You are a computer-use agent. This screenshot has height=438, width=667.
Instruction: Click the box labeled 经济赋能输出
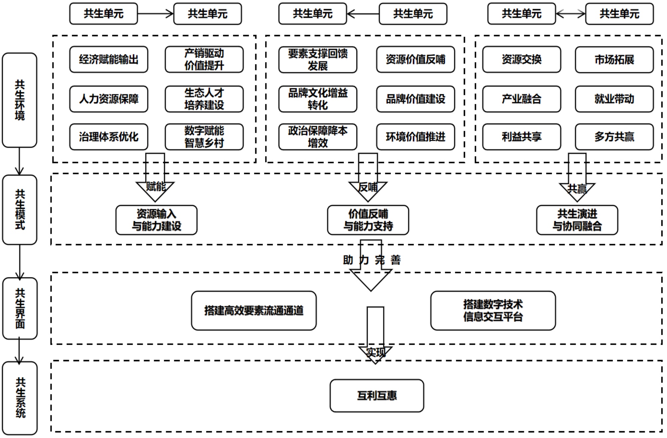[109, 59]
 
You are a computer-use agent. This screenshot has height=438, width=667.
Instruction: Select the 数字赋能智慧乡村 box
[204, 137]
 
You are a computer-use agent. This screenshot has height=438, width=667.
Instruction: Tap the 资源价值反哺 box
[415, 59]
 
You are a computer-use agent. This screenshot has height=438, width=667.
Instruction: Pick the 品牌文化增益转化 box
[318, 99]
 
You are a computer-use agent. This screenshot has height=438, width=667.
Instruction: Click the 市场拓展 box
[614, 60]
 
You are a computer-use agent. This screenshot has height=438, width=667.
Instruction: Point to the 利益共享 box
[522, 137]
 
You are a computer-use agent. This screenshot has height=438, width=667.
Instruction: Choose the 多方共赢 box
[614, 137]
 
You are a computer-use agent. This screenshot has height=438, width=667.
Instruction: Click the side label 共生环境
[20, 100]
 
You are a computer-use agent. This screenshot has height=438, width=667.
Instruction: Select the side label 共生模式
[20, 210]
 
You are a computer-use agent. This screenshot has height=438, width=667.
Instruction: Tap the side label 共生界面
[20, 308]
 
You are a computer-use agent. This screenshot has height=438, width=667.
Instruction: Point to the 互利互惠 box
[377, 395]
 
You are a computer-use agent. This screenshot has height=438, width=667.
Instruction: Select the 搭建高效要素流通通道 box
[254, 310]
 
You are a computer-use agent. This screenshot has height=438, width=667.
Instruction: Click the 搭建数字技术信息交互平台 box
[493, 310]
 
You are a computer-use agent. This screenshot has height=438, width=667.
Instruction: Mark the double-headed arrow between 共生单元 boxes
[570, 14]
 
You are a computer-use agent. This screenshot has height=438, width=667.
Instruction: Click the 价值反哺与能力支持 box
[368, 220]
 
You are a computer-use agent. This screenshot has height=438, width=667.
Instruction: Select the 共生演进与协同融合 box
[577, 220]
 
